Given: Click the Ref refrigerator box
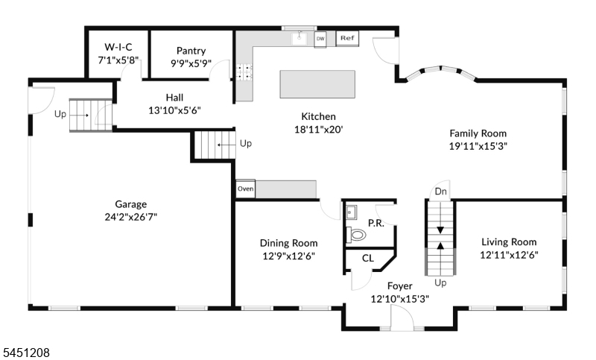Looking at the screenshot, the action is click(347, 39).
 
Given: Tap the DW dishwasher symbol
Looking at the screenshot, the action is click(320, 40).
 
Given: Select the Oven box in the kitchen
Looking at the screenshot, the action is click(246, 189).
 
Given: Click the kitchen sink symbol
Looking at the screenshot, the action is click(299, 38).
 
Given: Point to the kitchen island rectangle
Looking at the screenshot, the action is click(317, 84).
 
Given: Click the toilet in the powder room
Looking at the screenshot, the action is click(356, 235).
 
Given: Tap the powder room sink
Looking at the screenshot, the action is click(351, 212).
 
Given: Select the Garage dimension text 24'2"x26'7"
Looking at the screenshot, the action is click(131, 217).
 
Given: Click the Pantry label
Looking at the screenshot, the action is click(191, 51).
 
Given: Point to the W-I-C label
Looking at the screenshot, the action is click(118, 47).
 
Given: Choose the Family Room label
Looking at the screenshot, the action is click(478, 133).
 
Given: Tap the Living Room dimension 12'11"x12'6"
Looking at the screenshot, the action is click(509, 255).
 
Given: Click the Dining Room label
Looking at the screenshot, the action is click(288, 243).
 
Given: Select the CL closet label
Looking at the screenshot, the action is click(367, 259).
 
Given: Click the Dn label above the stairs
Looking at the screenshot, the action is click(440, 192).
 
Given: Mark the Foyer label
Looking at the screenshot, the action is click(400, 286).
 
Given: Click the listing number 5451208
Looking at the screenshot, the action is click(26, 353).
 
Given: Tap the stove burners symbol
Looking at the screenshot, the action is click(244, 72).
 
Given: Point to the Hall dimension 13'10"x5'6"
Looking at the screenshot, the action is click(174, 110).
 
